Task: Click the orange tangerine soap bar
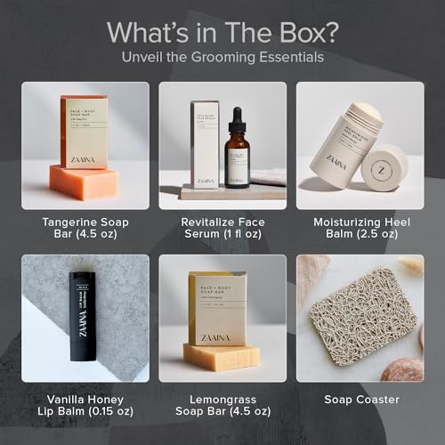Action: tap(84, 182)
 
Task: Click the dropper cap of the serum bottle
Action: tap(237, 118)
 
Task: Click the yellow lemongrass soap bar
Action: tap(221, 357)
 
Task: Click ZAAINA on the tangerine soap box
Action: tap(84, 158)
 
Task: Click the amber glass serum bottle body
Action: tap(237, 160)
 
